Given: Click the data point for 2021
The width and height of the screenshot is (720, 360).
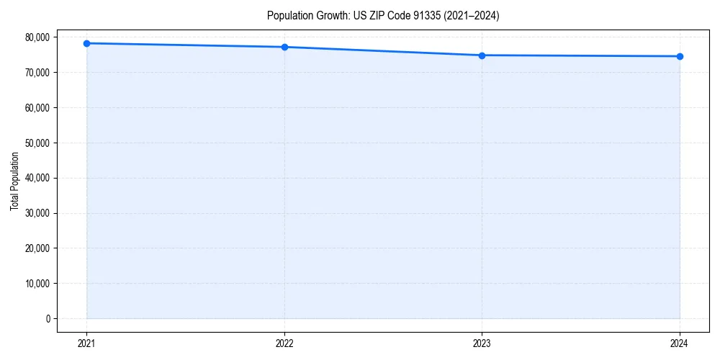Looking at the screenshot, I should (86, 43).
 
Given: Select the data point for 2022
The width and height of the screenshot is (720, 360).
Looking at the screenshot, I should (284, 47).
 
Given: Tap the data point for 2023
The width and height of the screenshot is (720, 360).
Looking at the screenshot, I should (482, 55).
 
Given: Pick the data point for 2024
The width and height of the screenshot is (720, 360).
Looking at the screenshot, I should (680, 56).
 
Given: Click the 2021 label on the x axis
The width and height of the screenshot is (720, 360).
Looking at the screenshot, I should (86, 343).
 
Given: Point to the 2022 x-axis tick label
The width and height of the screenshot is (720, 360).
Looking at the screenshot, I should (284, 343).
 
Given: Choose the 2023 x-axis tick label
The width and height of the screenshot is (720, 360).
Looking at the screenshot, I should (482, 343).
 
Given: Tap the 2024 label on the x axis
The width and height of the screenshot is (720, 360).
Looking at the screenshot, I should (680, 343).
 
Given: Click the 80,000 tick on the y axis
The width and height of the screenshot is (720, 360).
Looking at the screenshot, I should (37, 37).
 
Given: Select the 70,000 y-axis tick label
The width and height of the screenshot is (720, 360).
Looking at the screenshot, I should (37, 73).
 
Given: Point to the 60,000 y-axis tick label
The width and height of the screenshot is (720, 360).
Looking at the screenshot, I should (37, 108).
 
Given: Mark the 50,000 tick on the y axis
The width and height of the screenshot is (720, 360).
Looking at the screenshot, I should (37, 143).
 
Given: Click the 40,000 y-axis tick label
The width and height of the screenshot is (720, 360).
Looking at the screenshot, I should (37, 178).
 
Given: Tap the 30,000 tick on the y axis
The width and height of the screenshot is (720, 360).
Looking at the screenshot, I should (37, 213).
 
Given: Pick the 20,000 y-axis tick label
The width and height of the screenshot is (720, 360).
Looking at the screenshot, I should (37, 248).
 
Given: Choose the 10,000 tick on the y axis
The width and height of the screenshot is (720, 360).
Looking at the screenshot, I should (37, 284).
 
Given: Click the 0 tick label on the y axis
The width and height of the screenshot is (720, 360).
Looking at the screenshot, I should (48, 318).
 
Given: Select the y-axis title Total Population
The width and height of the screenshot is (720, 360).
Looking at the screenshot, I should (14, 181).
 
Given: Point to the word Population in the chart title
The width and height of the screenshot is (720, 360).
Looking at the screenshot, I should (288, 15).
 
